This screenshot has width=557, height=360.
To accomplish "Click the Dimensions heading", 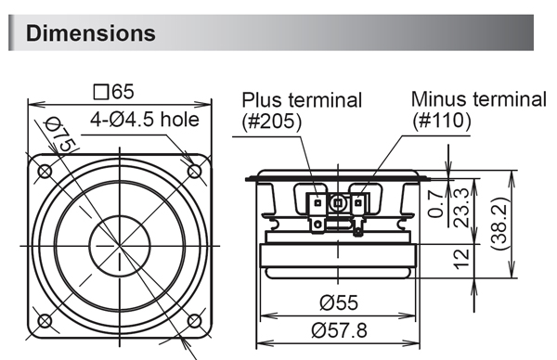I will tap(91, 34).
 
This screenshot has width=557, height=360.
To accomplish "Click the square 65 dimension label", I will tap(115, 91).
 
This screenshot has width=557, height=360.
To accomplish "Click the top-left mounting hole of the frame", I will tap(42, 171).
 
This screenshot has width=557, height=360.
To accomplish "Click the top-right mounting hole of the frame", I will tap(195, 171).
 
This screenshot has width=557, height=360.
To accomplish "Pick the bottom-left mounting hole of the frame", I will tap(42, 321).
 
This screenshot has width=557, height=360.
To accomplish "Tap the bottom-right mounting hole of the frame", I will tap(195, 321).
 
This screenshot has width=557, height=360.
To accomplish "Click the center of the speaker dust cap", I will tap(119, 246).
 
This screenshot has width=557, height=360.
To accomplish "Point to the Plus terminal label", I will tap(302, 100).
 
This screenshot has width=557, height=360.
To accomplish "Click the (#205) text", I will tap(272, 121).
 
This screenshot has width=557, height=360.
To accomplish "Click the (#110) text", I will tap(441, 120).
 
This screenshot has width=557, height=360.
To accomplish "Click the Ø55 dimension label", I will tap(338, 302).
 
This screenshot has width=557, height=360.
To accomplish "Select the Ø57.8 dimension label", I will tap(338, 328).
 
